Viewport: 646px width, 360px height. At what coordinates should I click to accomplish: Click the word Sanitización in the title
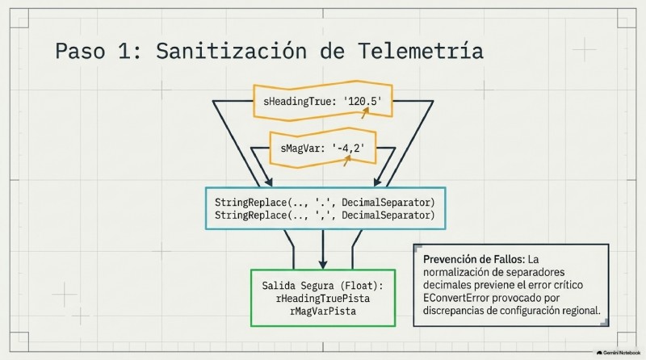tap(231, 52)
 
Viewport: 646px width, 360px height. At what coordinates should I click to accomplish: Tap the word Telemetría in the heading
tap(421, 51)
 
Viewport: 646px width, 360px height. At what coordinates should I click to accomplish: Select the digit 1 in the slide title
tap(124, 51)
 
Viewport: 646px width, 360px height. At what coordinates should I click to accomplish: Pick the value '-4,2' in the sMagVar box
tap(348, 148)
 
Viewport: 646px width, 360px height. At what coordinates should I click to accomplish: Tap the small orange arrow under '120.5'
tap(365, 112)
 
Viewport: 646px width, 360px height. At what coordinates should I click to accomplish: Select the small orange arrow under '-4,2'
tap(347, 161)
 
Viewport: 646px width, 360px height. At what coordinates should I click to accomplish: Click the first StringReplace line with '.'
tap(325, 203)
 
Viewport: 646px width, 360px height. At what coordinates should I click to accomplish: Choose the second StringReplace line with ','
tap(325, 215)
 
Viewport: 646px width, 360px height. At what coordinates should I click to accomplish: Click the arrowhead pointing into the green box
tap(323, 264)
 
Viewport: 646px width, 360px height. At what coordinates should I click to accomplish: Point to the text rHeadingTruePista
tap(323, 298)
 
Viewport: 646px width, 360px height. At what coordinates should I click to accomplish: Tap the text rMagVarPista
tap(323, 311)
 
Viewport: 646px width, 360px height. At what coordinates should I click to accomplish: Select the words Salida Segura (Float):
tap(322, 286)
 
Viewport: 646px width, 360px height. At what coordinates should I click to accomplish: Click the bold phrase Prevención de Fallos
tap(474, 259)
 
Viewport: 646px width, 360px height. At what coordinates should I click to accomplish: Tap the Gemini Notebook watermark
tap(619, 353)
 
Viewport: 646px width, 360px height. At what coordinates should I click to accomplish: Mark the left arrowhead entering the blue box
tap(268, 182)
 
